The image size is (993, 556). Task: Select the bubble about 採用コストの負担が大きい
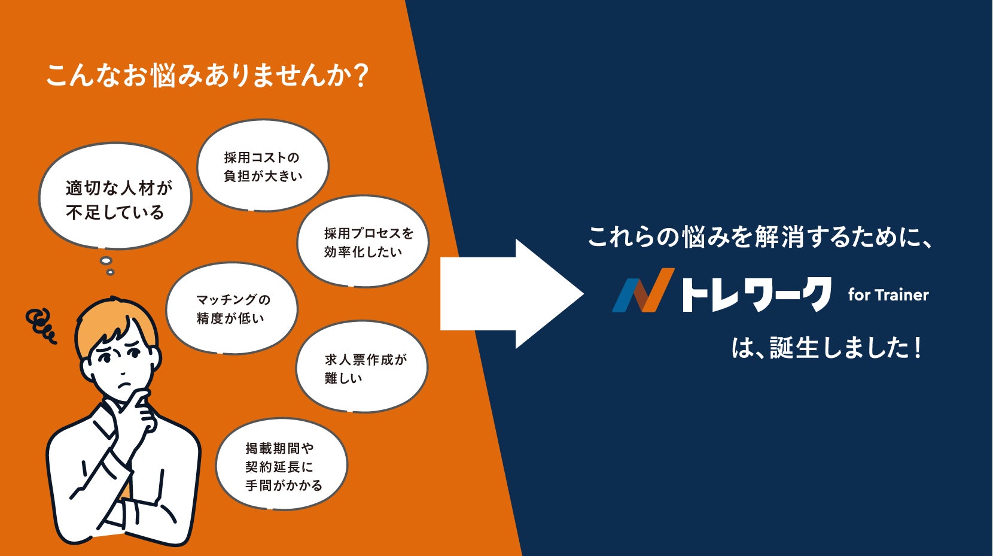263,166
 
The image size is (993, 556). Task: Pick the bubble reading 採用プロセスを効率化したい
363,241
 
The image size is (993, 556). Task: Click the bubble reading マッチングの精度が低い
232,308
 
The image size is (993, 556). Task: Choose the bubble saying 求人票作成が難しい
362,367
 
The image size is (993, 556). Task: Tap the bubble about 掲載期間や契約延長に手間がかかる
281,465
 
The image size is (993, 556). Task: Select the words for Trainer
888,294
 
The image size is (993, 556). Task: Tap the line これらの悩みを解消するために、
760,237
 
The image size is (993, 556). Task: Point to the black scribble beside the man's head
41,325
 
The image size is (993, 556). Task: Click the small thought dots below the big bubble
107,265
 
